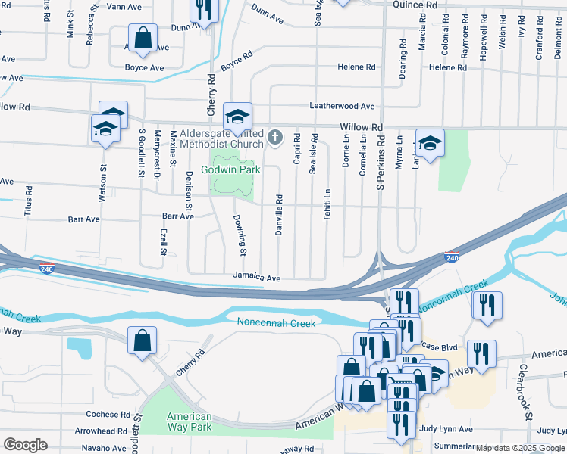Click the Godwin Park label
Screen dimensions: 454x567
(x=230, y=169)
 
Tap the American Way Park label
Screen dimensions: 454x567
(x=189, y=422)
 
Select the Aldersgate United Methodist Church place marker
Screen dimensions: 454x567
(x=275, y=138)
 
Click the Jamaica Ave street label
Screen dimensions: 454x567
(x=257, y=278)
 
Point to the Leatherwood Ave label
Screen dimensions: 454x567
(x=341, y=107)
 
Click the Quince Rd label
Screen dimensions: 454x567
(x=415, y=5)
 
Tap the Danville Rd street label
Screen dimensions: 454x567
(x=279, y=215)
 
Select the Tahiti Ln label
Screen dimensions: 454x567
(x=328, y=204)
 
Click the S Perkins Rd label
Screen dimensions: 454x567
(x=381, y=169)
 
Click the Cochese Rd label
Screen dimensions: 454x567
(x=108, y=415)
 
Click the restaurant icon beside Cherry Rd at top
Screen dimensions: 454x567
(x=203, y=9)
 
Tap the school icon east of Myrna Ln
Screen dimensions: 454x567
(x=430, y=144)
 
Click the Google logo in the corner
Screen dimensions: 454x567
(x=25, y=445)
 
